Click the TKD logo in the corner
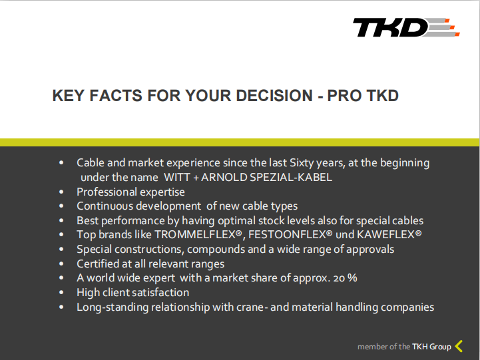pyautogui.click(x=406, y=27)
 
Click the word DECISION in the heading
pyautogui.click(x=274, y=95)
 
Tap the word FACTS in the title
pyautogui.click(x=116, y=95)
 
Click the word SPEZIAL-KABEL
pyautogui.click(x=291, y=178)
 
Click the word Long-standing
pyautogui.click(x=113, y=307)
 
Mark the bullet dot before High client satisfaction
pyautogui.click(x=61, y=292)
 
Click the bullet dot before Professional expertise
pyautogui.click(x=61, y=192)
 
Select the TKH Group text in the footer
pyautogui.click(x=431, y=347)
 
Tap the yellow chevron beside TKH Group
pyautogui.click(x=458, y=346)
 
